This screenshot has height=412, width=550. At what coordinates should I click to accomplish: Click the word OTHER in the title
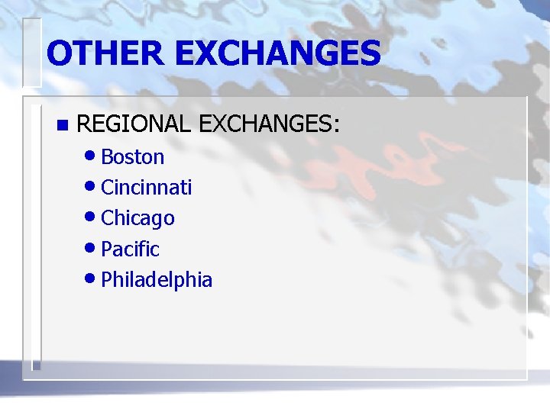[105, 53]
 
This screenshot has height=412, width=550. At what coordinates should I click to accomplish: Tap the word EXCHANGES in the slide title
[278, 53]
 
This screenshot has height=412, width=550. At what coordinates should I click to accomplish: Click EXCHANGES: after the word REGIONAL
[268, 124]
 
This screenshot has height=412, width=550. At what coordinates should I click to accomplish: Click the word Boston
[133, 157]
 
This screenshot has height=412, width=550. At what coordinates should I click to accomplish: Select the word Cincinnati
[147, 188]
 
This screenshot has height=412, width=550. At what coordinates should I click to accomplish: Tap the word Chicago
[138, 218]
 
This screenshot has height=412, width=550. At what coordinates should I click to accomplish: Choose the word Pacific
[130, 249]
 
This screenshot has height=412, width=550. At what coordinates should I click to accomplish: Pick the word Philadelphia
[157, 279]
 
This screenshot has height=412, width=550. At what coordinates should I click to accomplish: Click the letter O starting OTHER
[59, 53]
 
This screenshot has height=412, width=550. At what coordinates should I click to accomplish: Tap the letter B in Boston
[107, 157]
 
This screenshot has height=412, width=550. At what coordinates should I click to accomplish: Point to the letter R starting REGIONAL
[84, 124]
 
